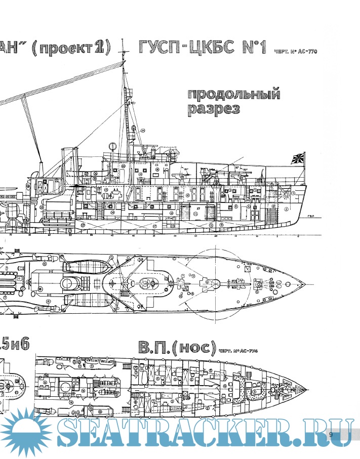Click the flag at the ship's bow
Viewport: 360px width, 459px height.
297,158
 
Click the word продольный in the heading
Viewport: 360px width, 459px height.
233,95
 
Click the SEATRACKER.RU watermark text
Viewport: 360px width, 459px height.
203,434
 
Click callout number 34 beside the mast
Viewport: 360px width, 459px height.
143,131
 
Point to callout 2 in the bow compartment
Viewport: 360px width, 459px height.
286,208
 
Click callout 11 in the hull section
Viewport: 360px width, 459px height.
195,214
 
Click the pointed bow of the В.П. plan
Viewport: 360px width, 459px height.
307,389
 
